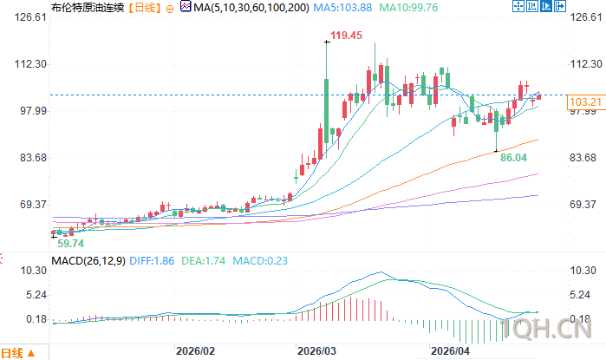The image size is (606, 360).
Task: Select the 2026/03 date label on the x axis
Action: coord(316,351)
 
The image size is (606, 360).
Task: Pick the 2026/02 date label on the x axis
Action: coord(194,351)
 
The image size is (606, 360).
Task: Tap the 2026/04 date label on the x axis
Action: coord(449,351)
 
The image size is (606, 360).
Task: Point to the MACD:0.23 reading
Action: coord(238,260)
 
